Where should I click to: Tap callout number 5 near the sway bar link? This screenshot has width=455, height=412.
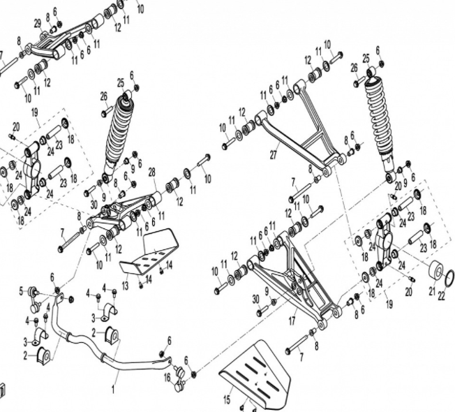22,290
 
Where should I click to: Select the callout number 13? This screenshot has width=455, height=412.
125,285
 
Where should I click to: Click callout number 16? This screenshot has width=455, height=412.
167,377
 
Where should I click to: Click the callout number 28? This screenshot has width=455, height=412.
152,171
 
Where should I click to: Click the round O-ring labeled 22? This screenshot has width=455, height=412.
450,278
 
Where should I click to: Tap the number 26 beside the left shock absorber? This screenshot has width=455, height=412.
104,96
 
